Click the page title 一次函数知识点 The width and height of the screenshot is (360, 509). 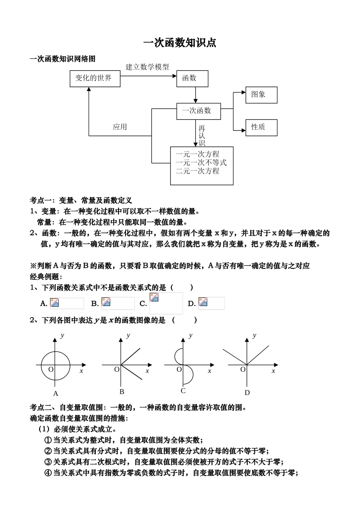point(180,43)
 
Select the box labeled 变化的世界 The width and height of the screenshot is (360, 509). point(95,79)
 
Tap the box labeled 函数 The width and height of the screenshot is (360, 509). point(192,79)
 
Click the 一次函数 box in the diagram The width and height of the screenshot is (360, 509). point(199,111)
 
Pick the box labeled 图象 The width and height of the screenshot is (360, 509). point(261,95)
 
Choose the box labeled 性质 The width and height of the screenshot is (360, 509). point(261,127)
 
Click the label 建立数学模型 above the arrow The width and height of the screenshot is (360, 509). point(147,67)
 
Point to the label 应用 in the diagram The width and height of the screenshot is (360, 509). point(120,127)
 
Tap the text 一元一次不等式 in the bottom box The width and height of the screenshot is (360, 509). point(201,163)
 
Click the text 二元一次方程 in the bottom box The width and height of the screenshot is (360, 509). point(197,171)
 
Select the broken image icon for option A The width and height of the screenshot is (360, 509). point(55,302)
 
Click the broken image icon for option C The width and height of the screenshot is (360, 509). point(154,297)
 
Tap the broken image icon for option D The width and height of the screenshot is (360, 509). point(203,302)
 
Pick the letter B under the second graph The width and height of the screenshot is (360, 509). point(122,392)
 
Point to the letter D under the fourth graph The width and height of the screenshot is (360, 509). point(247,393)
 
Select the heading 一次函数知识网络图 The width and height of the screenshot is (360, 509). point(63,59)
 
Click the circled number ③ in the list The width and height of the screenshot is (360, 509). point(48,462)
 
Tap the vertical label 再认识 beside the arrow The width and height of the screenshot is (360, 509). point(202,136)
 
